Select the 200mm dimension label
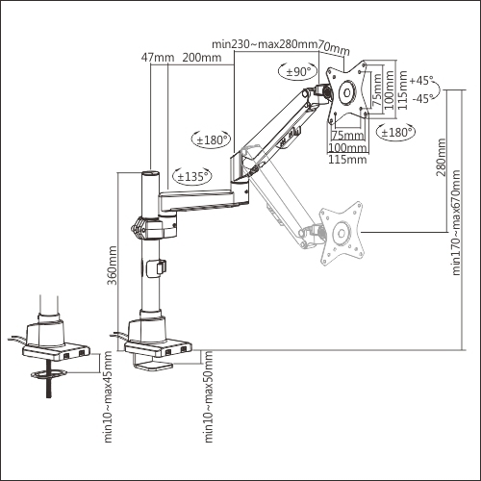202,58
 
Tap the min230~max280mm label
265,44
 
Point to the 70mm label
334,48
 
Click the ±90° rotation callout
298,71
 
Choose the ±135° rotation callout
192,176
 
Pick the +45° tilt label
421,80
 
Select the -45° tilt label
423,98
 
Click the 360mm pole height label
112,266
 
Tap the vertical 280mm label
441,157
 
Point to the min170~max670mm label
456,222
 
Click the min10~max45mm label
108,397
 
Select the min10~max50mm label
209,397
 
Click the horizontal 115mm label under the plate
347,159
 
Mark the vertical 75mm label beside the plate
377,89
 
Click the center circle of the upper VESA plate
347,92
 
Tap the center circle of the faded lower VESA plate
342,233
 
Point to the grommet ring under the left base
49,373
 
